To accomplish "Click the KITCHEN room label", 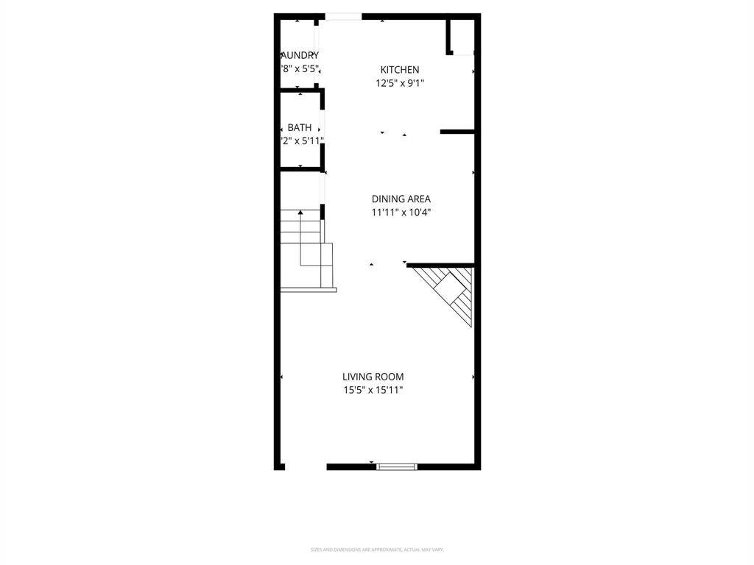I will pyautogui.click(x=400, y=70).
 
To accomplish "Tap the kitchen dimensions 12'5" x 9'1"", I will pyautogui.click(x=400, y=83).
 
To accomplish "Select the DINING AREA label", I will pyautogui.click(x=401, y=199).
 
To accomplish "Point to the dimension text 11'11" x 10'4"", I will pyautogui.click(x=401, y=213).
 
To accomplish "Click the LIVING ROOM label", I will pyautogui.click(x=373, y=377).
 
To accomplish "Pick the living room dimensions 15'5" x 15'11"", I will pyautogui.click(x=373, y=391).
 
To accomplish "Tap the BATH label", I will pyautogui.click(x=300, y=127).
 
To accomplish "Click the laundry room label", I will pyautogui.click(x=300, y=55).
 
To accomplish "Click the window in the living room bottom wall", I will pyautogui.click(x=397, y=466).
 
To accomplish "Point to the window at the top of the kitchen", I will pyautogui.click(x=344, y=16).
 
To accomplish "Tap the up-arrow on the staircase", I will pyautogui.click(x=300, y=213).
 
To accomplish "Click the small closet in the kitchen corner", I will pyautogui.click(x=461, y=37).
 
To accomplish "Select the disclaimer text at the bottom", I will pyautogui.click(x=377, y=550).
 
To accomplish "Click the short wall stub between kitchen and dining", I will pyautogui.click(x=457, y=132).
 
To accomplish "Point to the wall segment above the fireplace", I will pyautogui.click(x=440, y=265).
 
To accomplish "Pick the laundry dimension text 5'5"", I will pyautogui.click(x=308, y=68).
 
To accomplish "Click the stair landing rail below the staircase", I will pyautogui.click(x=309, y=290).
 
